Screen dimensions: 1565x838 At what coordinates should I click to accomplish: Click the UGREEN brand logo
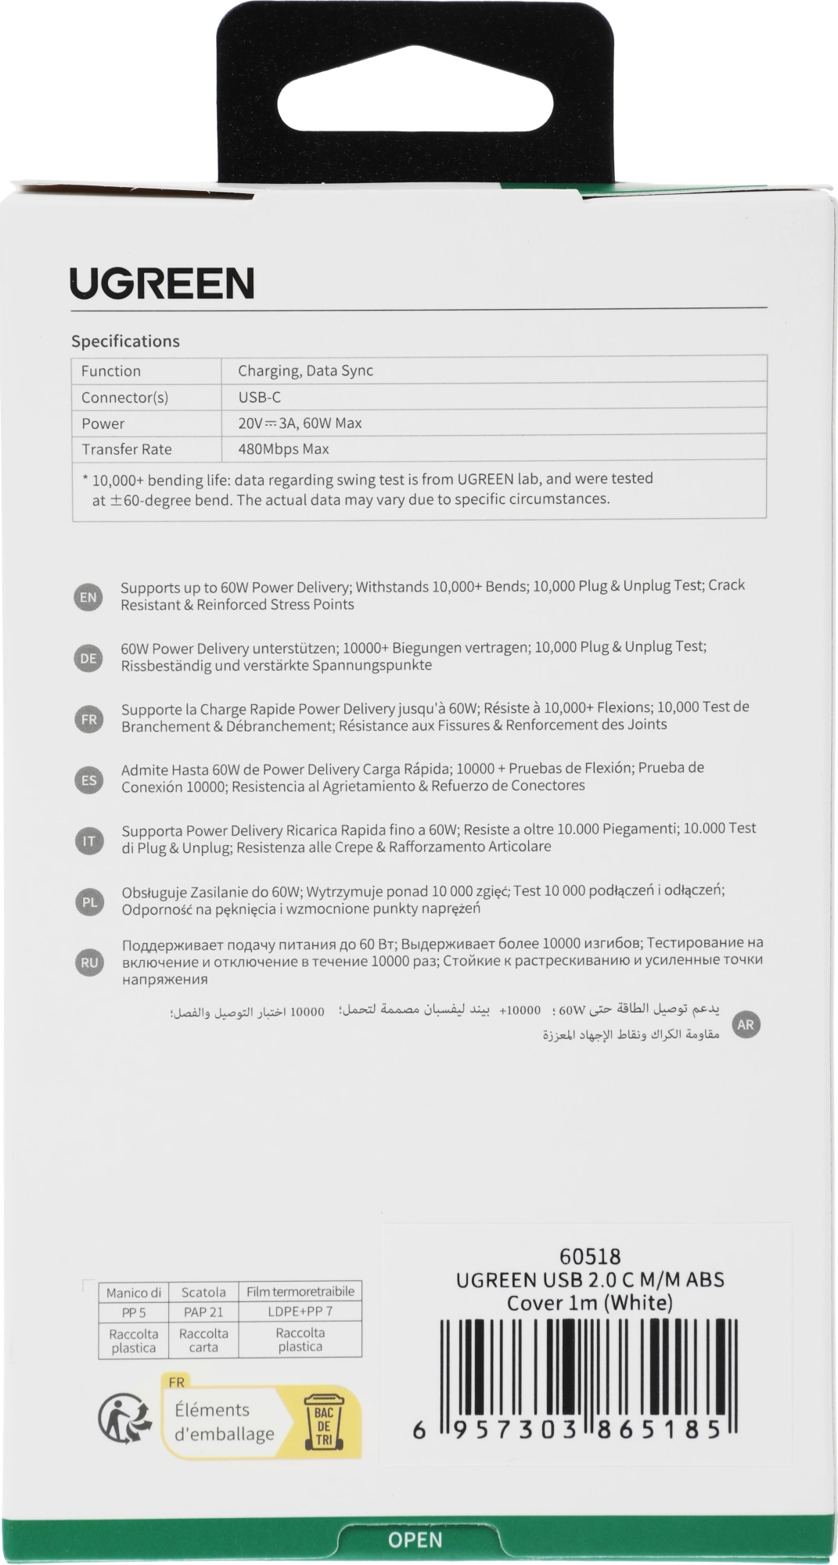click(x=162, y=283)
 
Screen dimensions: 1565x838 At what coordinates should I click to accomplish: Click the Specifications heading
click(x=125, y=341)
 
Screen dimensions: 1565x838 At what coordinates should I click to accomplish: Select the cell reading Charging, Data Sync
click(x=305, y=371)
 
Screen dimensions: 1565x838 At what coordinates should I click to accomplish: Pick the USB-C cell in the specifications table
click(x=259, y=398)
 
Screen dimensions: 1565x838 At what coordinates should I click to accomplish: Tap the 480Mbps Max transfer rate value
click(x=283, y=449)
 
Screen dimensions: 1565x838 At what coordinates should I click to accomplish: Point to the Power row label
click(x=103, y=423)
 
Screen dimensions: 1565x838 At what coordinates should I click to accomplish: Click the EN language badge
click(x=88, y=597)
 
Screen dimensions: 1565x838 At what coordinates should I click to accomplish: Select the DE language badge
click(x=88, y=658)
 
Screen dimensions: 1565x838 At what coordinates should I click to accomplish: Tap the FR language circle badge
click(x=88, y=719)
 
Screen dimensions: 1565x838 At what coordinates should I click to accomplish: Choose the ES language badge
click(x=88, y=780)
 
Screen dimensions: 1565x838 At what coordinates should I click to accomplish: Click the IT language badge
click(x=88, y=841)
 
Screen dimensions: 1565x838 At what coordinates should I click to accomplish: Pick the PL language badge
click(x=89, y=902)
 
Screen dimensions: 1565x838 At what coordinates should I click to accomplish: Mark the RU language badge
click(x=89, y=962)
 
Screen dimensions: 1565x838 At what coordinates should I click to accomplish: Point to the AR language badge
click(x=746, y=1024)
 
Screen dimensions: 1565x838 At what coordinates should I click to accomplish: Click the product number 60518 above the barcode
click(x=590, y=1257)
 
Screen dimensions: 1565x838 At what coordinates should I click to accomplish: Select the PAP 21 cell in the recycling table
click(x=203, y=1311)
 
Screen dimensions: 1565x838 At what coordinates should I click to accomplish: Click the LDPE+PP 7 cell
click(x=300, y=1311)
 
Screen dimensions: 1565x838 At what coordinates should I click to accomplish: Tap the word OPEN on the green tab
click(x=415, y=1540)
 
